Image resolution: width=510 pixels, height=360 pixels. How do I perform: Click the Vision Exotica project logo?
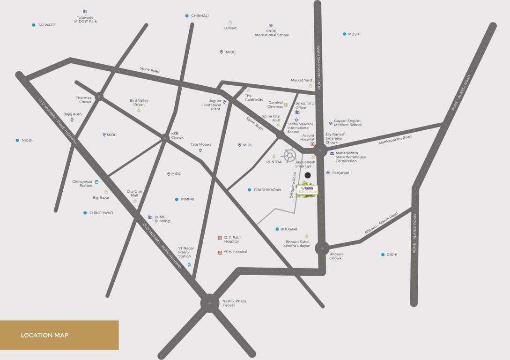pos(307,190)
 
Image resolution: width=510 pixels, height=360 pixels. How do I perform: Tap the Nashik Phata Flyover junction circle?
pos(210,303)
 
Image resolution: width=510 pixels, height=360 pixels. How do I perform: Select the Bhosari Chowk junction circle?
pos(322,248)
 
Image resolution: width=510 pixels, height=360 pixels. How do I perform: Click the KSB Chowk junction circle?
pos(165,138)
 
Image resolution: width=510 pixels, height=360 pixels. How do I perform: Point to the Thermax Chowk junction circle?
pos(99,97)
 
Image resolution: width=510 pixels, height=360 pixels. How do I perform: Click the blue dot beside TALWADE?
pos(34,25)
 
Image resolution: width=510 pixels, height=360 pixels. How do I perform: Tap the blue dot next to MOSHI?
pos(344,34)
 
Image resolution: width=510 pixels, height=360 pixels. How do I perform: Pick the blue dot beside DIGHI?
pos(383,255)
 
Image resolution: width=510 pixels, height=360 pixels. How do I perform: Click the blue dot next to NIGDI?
pos(17,140)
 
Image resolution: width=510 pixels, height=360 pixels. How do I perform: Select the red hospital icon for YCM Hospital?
pos(220,252)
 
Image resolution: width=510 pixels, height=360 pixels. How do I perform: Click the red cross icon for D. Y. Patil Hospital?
pos(220,238)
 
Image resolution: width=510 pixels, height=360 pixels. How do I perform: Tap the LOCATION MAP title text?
pos(44,335)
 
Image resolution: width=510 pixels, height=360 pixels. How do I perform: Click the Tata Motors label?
pos(201,144)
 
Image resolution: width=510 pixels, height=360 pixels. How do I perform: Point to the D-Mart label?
pos(230,28)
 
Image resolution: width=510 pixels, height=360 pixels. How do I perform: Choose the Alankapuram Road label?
pos(395,139)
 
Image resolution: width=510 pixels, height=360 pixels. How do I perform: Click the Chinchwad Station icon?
pos(97,182)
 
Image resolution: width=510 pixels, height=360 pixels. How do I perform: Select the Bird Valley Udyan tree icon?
pos(139,110)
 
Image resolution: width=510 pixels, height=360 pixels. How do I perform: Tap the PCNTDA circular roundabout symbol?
pos(289,155)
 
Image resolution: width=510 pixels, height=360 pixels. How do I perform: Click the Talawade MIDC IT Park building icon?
pos(85,11)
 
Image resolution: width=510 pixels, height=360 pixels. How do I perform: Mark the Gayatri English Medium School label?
pos(347,123)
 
